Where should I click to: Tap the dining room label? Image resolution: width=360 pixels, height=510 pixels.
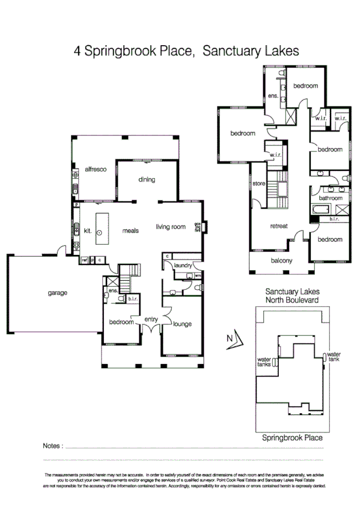[147, 179]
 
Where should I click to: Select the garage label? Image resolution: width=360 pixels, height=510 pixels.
[58, 293]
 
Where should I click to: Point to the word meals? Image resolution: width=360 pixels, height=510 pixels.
[131, 230]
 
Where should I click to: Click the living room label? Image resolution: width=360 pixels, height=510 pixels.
[171, 227]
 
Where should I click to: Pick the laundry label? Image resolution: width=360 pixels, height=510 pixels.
[182, 265]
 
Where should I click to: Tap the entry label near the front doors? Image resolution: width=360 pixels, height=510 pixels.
[151, 319]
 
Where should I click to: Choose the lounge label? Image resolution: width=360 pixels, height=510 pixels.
[182, 324]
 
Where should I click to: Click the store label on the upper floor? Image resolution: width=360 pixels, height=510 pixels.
[259, 183]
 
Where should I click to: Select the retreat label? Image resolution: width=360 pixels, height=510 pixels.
[279, 226]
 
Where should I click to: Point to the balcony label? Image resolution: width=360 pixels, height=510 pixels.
[281, 260]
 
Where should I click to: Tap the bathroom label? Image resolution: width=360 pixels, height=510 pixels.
[331, 197]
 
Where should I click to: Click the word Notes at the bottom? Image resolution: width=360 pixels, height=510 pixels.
[53, 446]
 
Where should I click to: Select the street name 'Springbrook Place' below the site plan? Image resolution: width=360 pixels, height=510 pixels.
[292, 438]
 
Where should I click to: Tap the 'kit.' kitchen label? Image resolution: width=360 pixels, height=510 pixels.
[87, 230]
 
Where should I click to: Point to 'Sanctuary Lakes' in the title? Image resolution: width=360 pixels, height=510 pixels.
[251, 52]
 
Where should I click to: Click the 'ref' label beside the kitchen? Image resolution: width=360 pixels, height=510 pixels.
[84, 260]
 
